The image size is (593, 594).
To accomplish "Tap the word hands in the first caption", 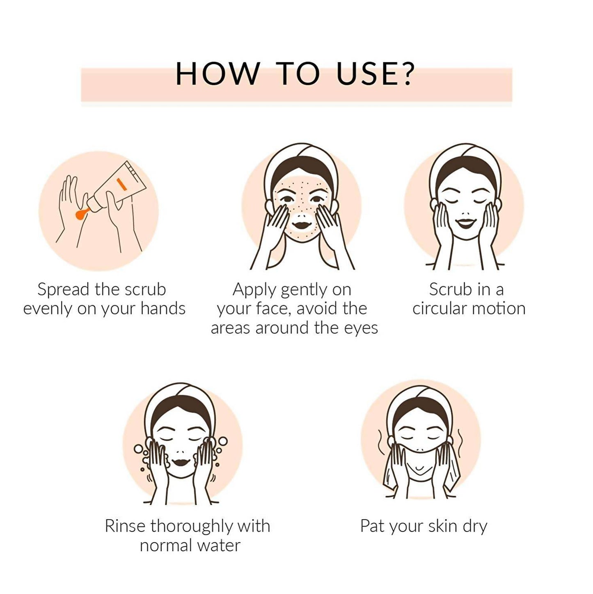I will click(163, 309).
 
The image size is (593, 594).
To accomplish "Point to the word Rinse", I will click(125, 526).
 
